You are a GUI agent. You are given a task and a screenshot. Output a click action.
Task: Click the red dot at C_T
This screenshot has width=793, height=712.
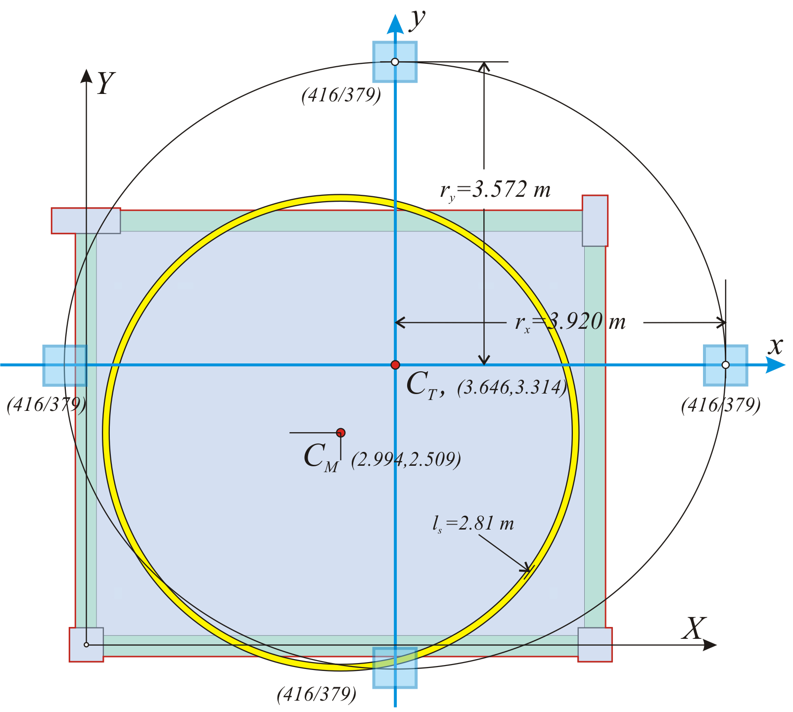(x=395, y=365)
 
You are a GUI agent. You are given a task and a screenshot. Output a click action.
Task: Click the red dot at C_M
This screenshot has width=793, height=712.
(x=340, y=433)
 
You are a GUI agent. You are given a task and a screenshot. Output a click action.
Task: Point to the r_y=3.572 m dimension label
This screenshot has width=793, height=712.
(x=495, y=190)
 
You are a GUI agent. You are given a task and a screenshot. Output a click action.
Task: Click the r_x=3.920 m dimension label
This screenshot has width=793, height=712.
(x=570, y=322)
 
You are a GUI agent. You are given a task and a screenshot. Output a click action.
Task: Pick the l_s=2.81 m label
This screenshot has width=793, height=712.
(x=473, y=524)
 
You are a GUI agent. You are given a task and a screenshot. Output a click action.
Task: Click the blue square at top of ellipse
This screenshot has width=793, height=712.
(x=395, y=62)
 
